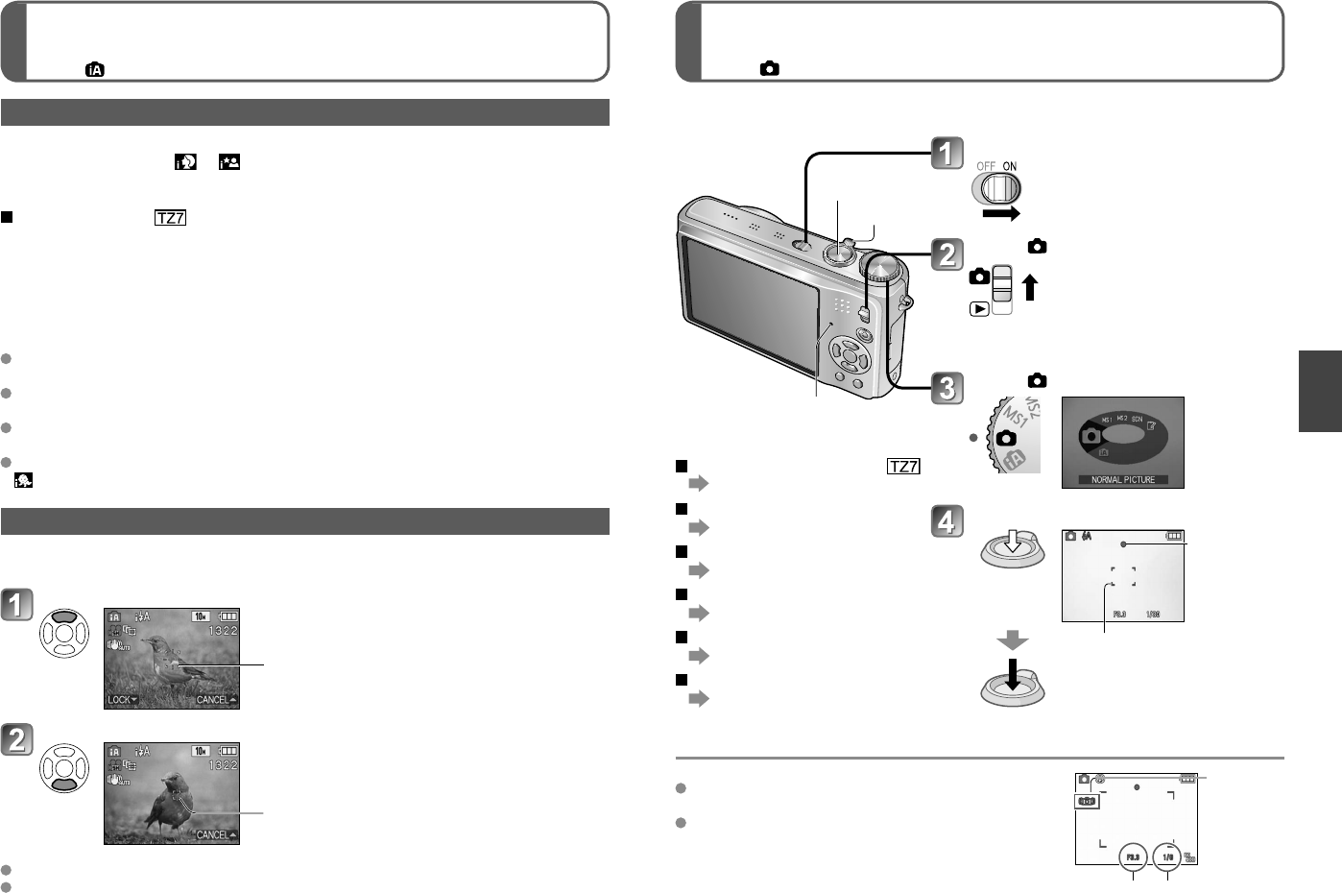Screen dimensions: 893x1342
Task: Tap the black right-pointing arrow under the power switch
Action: pos(1000,214)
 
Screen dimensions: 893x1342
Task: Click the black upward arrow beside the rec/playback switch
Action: pos(1030,286)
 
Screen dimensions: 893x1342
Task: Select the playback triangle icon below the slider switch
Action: pos(979,309)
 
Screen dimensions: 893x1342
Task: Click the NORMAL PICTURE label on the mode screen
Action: pos(1122,479)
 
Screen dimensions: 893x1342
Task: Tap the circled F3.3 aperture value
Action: pos(1133,857)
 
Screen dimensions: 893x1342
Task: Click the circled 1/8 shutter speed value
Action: pos(1168,857)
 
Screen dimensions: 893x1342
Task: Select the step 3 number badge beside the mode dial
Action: pos(947,388)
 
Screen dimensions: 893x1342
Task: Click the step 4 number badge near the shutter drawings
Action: pos(947,521)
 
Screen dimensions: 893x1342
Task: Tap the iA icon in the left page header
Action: pos(95,69)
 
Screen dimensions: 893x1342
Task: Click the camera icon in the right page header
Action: pos(769,69)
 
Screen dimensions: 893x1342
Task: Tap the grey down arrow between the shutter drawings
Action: pos(1012,640)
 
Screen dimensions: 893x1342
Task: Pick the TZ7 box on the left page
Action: pos(170,217)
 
